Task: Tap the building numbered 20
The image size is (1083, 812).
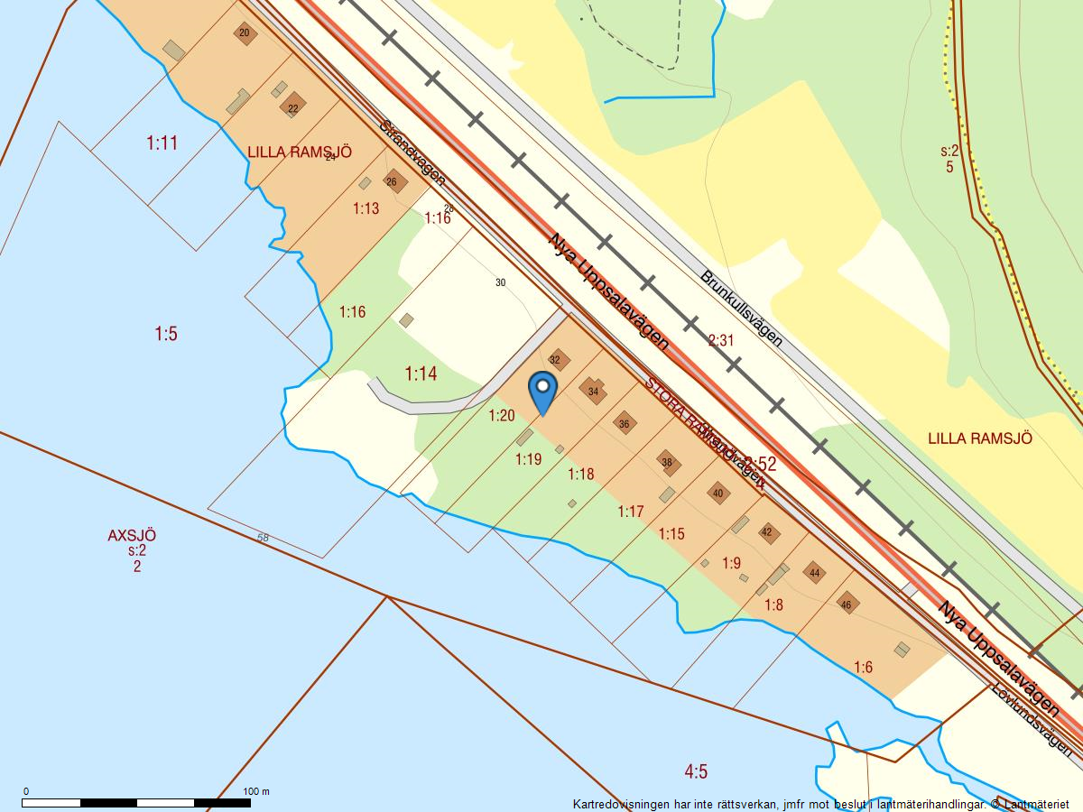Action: pos(245,34)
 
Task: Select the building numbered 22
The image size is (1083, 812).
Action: pos(292,106)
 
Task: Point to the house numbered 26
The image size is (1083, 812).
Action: pos(392,181)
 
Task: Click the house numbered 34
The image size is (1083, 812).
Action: pos(593,392)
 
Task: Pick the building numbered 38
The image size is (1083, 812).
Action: pos(667,463)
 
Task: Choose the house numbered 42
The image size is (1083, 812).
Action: pos(767,532)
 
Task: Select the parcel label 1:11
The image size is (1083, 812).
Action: pos(162,143)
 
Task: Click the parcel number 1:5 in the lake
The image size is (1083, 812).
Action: pos(165,334)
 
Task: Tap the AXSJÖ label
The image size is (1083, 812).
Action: pos(132,535)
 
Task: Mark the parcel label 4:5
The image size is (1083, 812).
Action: pos(696,771)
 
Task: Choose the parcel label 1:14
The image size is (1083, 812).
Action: pos(421,374)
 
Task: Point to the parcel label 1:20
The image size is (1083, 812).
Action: pos(501,416)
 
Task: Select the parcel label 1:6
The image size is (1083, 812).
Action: pos(863,667)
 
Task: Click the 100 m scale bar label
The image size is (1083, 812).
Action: pos(256,791)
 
